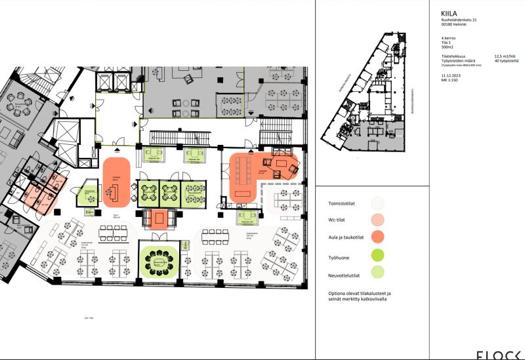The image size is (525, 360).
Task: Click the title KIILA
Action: click(451, 12)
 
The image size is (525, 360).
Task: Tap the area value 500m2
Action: click(448, 48)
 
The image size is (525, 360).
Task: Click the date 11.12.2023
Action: click(452, 76)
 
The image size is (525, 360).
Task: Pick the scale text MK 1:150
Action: click(451, 81)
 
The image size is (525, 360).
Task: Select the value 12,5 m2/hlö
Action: click(506, 57)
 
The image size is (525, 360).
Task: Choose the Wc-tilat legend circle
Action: click(377, 220)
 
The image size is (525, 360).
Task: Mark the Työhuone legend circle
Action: click(377, 255)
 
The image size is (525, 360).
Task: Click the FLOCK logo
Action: click(499, 354)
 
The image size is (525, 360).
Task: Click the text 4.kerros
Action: click(450, 39)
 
